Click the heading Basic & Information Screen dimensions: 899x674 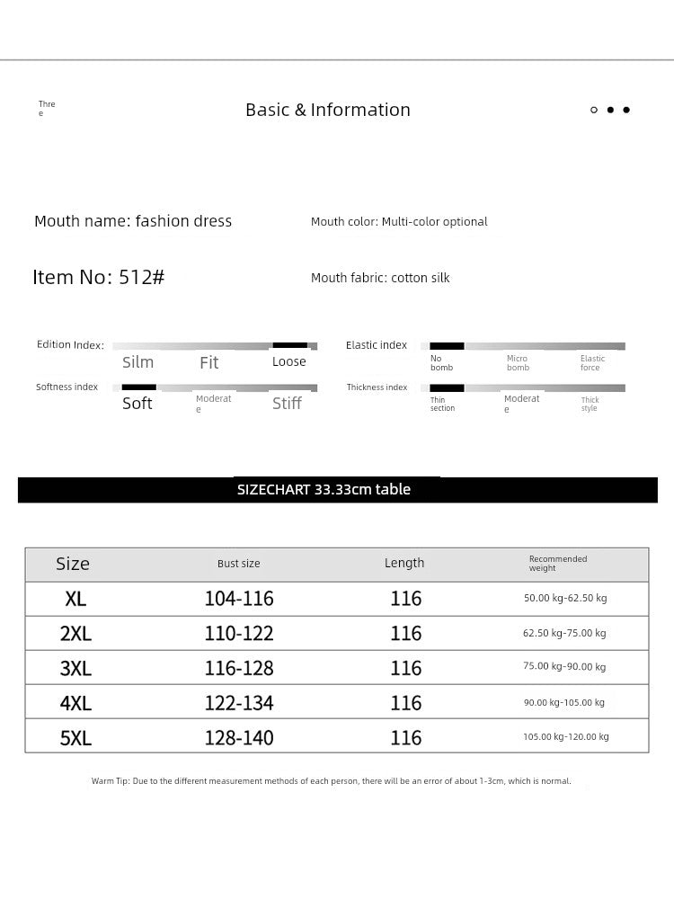[x=328, y=110]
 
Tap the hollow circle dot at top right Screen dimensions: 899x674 [x=594, y=110]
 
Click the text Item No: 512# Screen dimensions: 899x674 [x=99, y=277]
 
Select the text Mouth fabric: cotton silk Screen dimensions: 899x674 [x=380, y=278]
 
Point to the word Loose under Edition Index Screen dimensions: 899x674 [x=289, y=361]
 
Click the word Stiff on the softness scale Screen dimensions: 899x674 [x=287, y=404]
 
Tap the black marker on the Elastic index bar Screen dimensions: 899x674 [x=447, y=346]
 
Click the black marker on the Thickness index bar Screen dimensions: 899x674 [x=447, y=388]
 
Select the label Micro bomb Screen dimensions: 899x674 [x=518, y=363]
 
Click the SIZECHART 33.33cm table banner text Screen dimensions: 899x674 [x=324, y=490]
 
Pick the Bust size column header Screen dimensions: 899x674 [x=238, y=564]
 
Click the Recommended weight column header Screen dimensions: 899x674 [x=557, y=564]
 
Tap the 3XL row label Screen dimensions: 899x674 [x=75, y=668]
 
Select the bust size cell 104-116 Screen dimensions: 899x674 [x=239, y=599]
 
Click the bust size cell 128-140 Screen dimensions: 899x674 [x=239, y=738]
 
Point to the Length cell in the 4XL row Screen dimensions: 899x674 [x=406, y=703]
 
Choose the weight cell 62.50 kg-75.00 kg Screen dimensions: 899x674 [x=564, y=633]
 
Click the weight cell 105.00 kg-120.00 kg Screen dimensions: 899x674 [x=566, y=737]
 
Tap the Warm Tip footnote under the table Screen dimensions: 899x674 [x=331, y=781]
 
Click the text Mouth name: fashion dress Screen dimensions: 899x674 [x=133, y=221]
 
